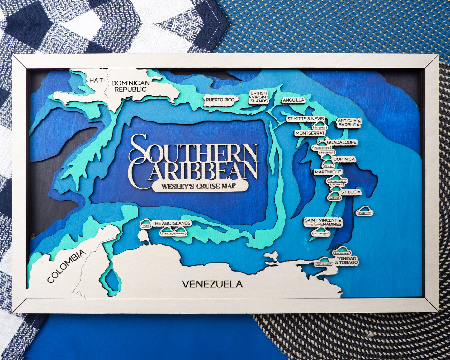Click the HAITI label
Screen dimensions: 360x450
pyautogui.click(x=97, y=80)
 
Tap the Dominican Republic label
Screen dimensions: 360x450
pyautogui.click(x=130, y=86)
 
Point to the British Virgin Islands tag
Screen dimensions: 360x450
pyautogui.click(x=258, y=97)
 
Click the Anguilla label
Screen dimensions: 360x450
pyautogui.click(x=293, y=100)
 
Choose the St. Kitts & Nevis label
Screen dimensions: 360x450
pyautogui.click(x=306, y=119)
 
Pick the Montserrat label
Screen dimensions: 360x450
pyautogui.click(x=310, y=133)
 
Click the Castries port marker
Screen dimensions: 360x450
pyautogui.click(x=334, y=197)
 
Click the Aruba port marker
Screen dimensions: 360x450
pyautogui.click(x=146, y=224)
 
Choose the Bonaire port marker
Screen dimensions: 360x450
pyautogui.click(x=180, y=232)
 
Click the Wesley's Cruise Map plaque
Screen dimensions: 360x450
pyautogui.click(x=200, y=186)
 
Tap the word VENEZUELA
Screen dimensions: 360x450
pyautogui.click(x=212, y=284)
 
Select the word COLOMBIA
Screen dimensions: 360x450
pyautogui.click(x=66, y=266)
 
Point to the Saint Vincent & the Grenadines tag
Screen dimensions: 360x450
pyautogui.click(x=323, y=222)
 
